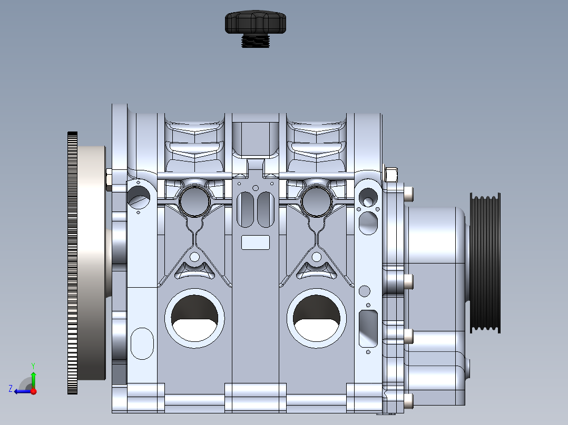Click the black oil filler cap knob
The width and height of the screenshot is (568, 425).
point(256,22)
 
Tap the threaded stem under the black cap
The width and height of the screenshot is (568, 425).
point(256,41)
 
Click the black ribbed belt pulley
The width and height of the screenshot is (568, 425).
point(485,263)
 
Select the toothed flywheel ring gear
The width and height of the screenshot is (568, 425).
point(73,263)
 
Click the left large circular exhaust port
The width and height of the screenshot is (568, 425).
point(194,318)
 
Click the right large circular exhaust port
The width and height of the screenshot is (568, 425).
point(316,318)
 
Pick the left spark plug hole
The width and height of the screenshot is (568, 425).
point(194,201)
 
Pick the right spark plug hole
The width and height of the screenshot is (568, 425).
point(316,201)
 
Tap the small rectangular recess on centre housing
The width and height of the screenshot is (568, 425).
point(256,242)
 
